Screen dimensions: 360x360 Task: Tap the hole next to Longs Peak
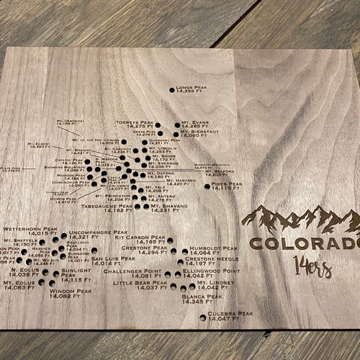(x=171, y=89)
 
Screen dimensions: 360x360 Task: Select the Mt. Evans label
(x=195, y=125)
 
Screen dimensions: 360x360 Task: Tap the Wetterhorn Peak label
(x=30, y=231)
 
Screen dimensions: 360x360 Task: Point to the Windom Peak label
(x=71, y=293)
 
